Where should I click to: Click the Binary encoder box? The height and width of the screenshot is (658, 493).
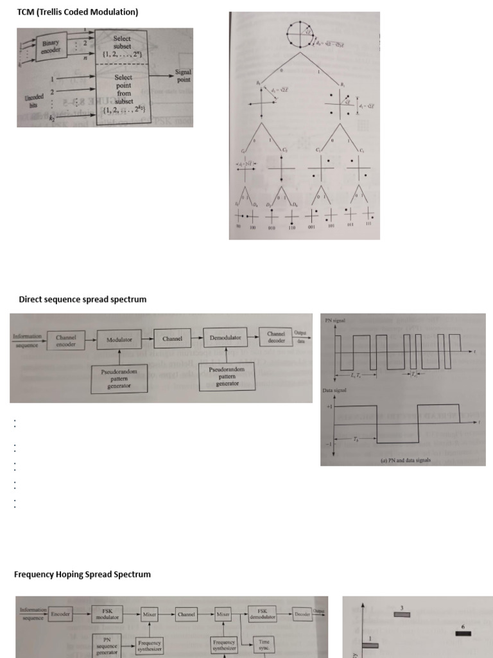(x=51, y=47)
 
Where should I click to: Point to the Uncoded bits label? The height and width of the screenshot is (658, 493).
(x=34, y=101)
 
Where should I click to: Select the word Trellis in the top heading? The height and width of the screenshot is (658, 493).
(x=56, y=12)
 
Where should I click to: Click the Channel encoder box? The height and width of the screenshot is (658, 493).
(x=66, y=341)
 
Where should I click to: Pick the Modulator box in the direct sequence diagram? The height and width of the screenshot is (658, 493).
(x=119, y=339)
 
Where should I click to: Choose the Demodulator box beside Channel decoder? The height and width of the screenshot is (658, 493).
(x=225, y=337)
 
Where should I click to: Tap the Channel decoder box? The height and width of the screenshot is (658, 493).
(x=276, y=337)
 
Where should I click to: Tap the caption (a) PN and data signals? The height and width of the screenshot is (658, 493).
(x=404, y=460)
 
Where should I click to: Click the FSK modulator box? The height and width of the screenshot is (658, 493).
(x=107, y=615)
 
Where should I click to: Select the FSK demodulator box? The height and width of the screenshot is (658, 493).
(x=263, y=614)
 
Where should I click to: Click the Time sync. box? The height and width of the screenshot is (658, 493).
(x=264, y=644)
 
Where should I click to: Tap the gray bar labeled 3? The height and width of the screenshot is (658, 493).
(x=402, y=615)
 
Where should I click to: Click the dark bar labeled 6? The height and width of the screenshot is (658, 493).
(x=463, y=634)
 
